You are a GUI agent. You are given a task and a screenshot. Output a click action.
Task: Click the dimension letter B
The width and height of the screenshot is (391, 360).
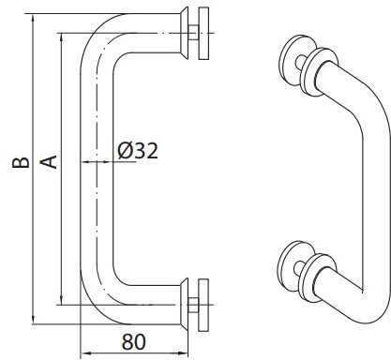click(21, 162)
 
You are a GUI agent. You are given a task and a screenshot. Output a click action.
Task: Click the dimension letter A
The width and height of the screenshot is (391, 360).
click(49, 162)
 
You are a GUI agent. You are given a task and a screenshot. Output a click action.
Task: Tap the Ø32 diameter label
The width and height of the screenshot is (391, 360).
click(138, 151)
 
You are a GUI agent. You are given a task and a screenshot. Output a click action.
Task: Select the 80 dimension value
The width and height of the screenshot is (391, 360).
click(134, 342)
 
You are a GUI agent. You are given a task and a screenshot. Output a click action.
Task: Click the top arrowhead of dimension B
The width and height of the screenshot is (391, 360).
click(33, 19)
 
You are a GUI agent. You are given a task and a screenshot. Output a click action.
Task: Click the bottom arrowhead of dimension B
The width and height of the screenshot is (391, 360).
click(33, 320)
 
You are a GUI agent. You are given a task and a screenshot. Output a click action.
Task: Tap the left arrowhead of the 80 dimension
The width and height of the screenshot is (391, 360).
click(86, 353)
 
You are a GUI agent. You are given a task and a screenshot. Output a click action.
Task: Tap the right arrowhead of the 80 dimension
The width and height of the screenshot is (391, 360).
click(183, 353)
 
